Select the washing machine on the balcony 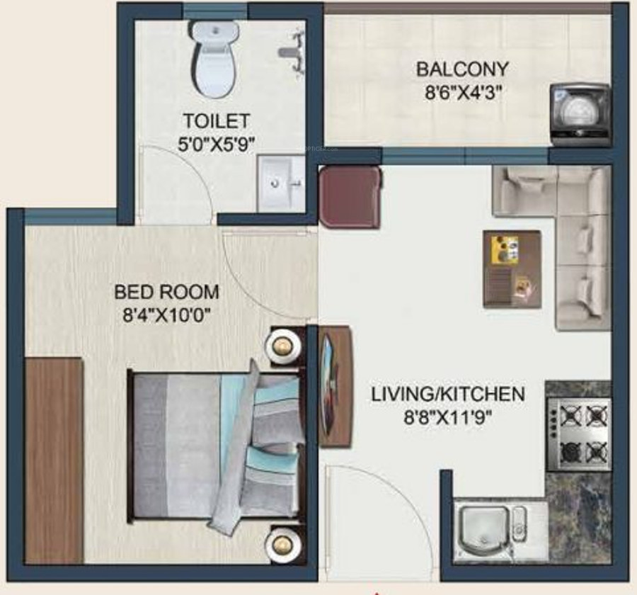[x=580, y=113]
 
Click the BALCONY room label [x=461, y=69]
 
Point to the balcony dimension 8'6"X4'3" [x=461, y=93]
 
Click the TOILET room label [x=216, y=120]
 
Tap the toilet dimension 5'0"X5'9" [x=216, y=143]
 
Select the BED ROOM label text [x=167, y=292]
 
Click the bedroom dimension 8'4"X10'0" [x=167, y=315]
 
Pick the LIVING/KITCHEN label [x=448, y=394]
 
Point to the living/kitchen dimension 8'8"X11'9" [x=448, y=417]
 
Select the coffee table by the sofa [x=512, y=268]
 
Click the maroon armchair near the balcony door [x=349, y=198]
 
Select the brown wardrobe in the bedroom [x=54, y=460]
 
